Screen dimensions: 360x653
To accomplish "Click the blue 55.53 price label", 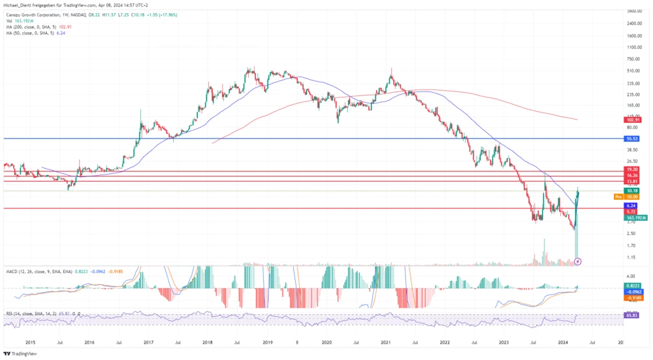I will [631, 139].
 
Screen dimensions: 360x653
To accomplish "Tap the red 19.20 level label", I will [631, 169].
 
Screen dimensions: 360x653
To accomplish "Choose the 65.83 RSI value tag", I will [631, 316].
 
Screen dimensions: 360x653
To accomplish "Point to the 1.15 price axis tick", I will [631, 257].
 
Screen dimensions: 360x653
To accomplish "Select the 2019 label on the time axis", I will [267, 342].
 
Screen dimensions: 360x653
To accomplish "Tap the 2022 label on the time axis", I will [445, 342].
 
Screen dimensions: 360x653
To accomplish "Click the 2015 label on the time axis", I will [30, 342].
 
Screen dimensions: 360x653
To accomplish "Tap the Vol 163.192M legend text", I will [18, 20].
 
